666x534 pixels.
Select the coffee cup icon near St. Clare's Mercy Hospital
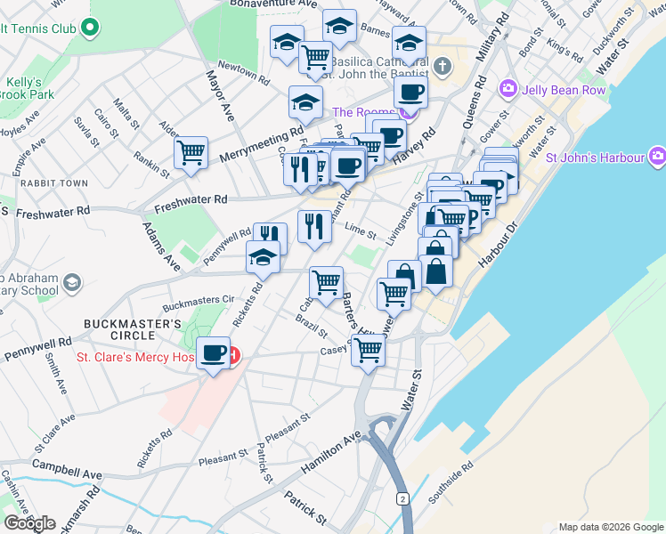(214, 354)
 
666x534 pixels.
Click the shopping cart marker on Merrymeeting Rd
(191, 153)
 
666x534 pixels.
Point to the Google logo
(29, 523)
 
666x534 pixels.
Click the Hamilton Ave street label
(332, 451)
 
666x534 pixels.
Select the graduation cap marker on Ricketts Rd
(263, 257)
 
